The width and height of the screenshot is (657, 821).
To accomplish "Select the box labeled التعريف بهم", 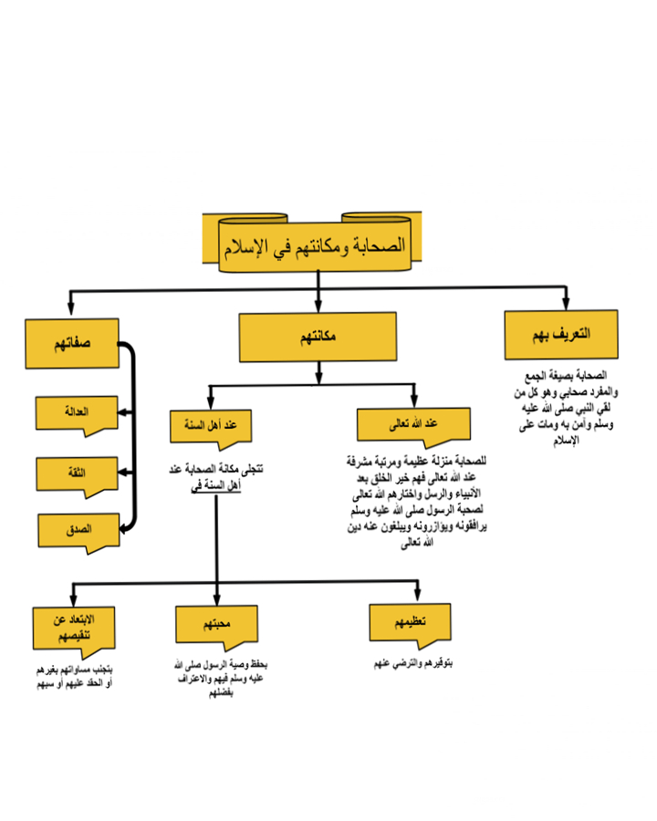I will tap(561, 335).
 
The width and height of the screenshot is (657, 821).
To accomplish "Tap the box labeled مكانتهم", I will tap(318, 337).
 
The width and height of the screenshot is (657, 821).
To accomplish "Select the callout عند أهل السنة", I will tap(210, 425).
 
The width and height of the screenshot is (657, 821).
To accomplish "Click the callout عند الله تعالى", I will tap(412, 425).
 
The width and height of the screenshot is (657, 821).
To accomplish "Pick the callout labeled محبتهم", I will tap(217, 624).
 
